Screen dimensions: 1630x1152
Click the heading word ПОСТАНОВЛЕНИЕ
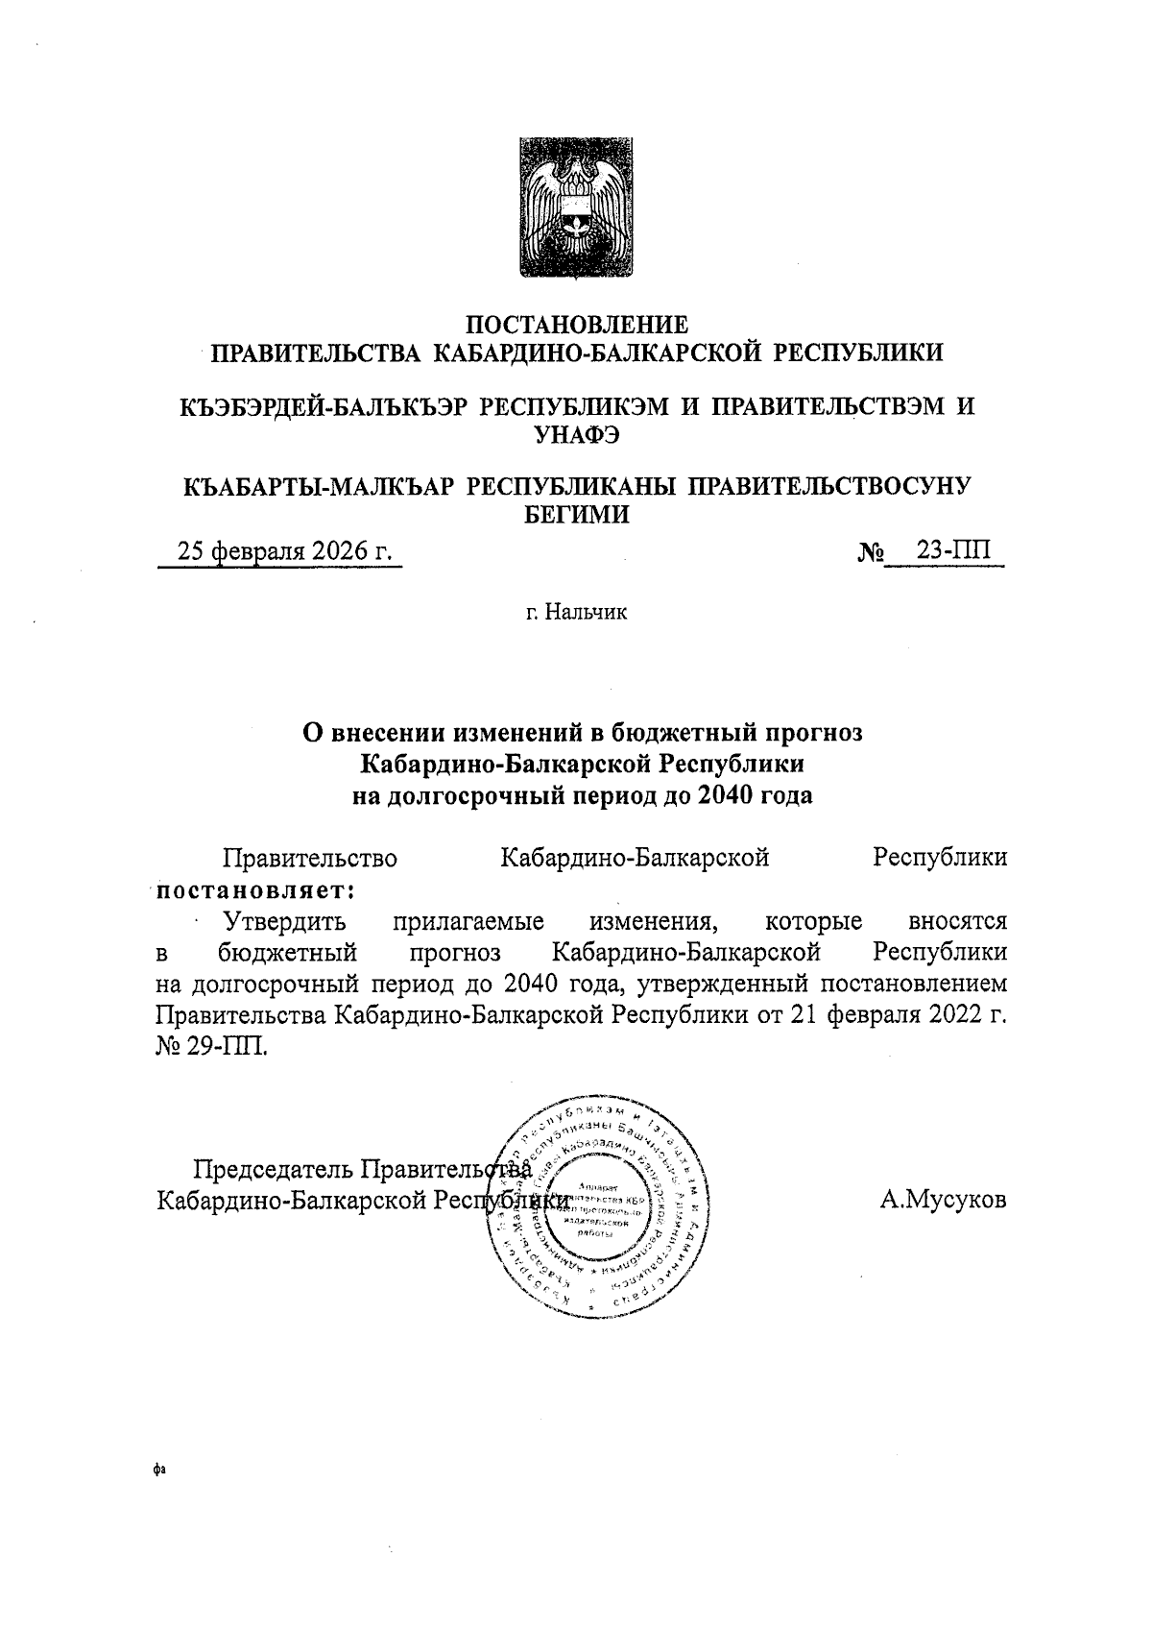pos(576,324)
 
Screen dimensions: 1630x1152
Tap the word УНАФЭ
pos(576,435)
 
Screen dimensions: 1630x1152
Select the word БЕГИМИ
pos(576,515)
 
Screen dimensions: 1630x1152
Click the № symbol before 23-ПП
pos(869,553)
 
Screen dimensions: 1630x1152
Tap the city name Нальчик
pos(585,612)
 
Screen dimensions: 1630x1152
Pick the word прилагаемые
pos(468,922)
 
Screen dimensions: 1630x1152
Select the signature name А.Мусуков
pos(943,1200)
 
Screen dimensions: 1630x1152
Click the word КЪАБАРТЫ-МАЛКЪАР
pos(318,487)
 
